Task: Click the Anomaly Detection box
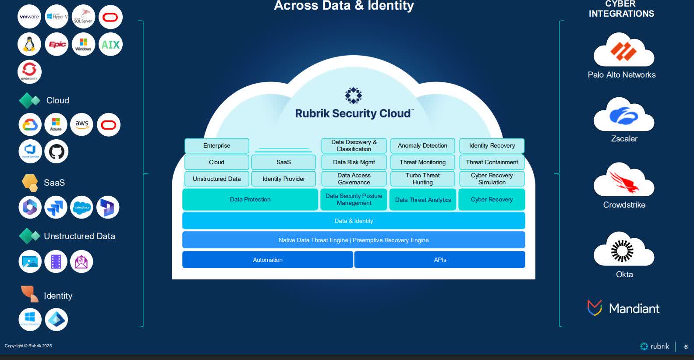[x=422, y=145]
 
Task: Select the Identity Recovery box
[x=492, y=145]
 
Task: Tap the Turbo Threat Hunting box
[x=422, y=179]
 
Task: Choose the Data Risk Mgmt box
[x=354, y=162]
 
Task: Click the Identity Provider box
[x=283, y=179]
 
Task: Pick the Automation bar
[x=267, y=260]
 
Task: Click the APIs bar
[x=440, y=260]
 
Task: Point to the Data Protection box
[x=250, y=199]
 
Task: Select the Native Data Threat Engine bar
[x=354, y=240]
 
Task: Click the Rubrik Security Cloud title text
[x=354, y=113]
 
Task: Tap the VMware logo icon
[x=29, y=17]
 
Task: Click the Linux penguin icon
[x=29, y=44]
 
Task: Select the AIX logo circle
[x=110, y=44]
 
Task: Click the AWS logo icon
[x=81, y=124]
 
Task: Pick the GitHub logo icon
[x=57, y=152]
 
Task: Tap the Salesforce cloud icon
[x=81, y=207]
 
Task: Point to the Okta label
[x=624, y=274]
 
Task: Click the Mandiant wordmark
[x=634, y=308]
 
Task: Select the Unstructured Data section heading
[x=79, y=236]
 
